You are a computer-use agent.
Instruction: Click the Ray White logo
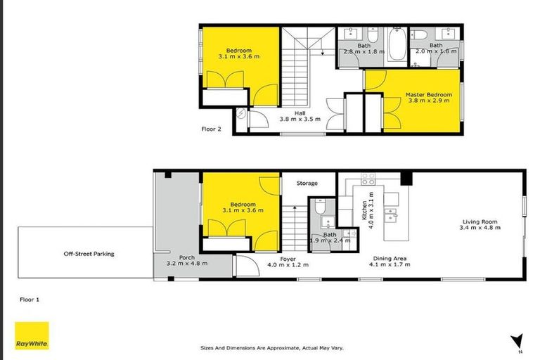32,335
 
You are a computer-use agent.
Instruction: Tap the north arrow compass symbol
519,340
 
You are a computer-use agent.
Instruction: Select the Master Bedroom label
430,94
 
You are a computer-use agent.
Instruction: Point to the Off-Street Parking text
89,254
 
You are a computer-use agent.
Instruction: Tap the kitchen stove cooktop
368,179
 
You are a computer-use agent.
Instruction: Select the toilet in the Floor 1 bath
320,207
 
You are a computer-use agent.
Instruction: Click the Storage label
307,184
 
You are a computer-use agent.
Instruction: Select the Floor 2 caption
212,129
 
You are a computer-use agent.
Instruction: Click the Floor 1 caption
29,299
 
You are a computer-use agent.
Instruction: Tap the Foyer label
288,258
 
